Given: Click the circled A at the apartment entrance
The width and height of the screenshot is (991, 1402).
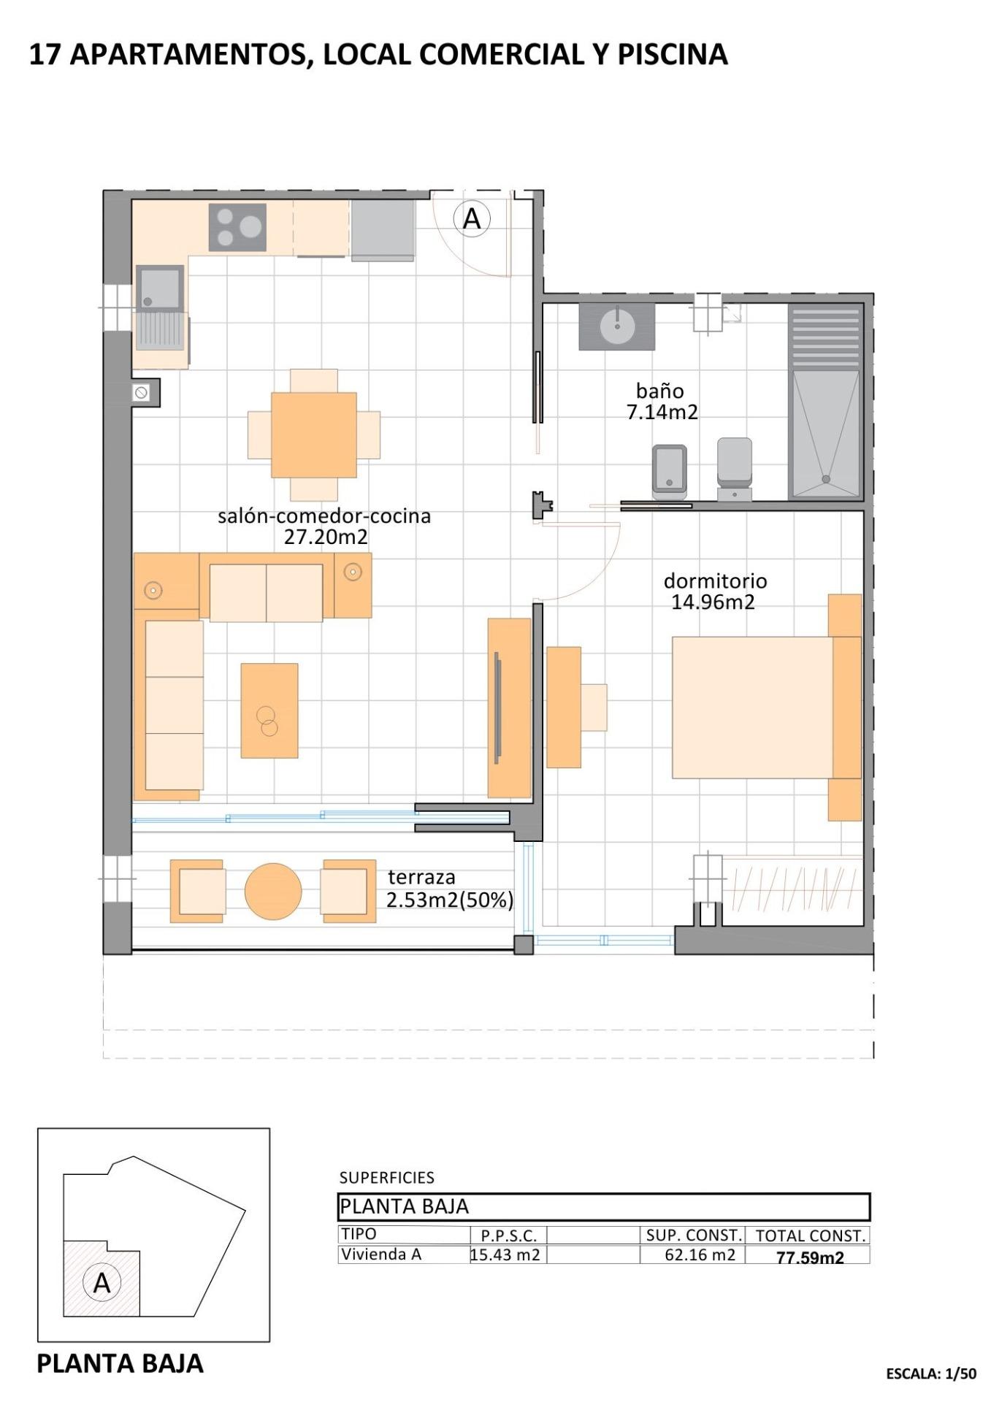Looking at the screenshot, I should [472, 218].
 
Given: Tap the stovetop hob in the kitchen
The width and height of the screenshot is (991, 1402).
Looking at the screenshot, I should [237, 227].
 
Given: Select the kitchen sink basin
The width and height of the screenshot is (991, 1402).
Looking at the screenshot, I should [159, 288].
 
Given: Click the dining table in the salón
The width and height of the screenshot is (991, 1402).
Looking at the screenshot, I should [313, 435].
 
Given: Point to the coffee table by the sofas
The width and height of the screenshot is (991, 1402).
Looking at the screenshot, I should [269, 710].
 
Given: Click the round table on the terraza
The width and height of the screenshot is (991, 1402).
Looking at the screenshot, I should [272, 892].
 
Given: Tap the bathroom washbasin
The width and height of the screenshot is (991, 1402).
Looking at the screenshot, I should [618, 325].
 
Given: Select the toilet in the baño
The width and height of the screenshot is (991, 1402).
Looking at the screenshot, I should [734, 467].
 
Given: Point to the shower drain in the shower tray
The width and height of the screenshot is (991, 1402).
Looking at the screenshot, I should [826, 479].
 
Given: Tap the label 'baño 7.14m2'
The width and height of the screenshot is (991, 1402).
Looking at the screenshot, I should [661, 402].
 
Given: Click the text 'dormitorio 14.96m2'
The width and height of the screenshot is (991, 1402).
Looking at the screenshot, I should [714, 591].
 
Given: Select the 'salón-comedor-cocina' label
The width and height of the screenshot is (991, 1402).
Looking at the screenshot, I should [324, 516].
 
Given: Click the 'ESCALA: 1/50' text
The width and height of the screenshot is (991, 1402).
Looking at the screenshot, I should [930, 1374].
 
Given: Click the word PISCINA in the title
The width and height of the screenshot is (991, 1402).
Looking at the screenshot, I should [673, 55].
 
